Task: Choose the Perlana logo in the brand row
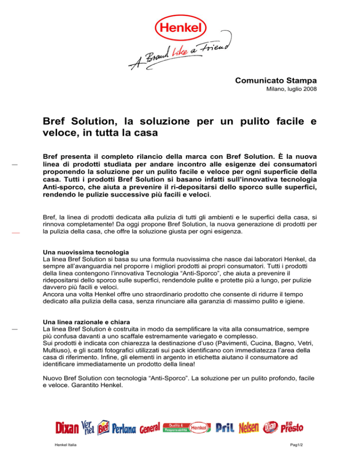tap(124, 428)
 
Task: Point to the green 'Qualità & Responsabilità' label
tap(178, 427)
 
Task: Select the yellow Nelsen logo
tap(249, 428)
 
